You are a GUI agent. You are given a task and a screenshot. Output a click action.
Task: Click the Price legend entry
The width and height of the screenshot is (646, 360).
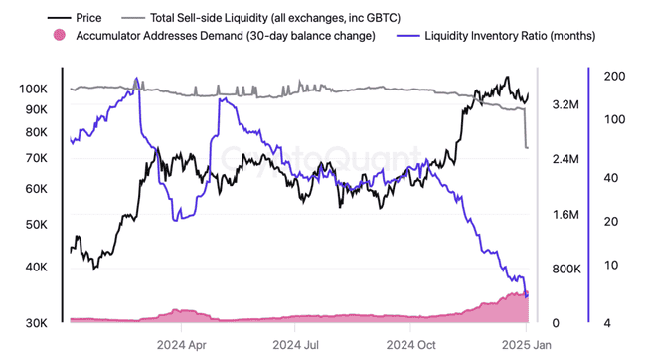pyautogui.click(x=88, y=17)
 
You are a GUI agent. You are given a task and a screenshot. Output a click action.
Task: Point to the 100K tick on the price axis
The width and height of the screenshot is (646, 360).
pyautogui.click(x=33, y=89)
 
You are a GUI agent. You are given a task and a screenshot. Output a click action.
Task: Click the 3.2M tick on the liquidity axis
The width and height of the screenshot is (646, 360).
pyautogui.click(x=565, y=104)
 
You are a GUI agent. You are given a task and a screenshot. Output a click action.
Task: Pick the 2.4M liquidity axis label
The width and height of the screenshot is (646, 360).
pyautogui.click(x=565, y=159)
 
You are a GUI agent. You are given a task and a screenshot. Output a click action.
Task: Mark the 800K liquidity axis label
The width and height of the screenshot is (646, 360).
pyautogui.click(x=565, y=269)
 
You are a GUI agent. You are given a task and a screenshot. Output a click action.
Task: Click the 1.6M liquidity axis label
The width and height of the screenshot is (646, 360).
pyautogui.click(x=565, y=214)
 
